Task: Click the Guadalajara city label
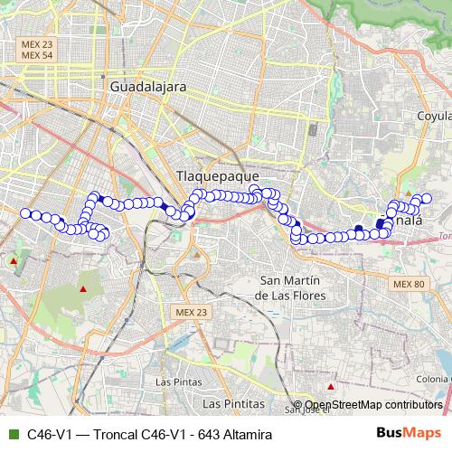146,87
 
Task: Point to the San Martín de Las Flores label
291,287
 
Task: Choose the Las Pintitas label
233,401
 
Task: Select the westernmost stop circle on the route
25,213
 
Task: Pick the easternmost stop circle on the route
427,198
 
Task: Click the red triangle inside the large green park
83,289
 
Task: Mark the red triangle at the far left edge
14,261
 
